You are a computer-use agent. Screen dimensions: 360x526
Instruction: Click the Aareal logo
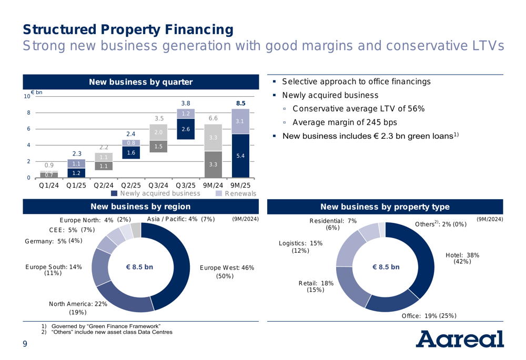pos(461,339)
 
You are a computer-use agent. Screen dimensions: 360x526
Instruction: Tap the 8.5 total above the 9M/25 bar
pos(240,104)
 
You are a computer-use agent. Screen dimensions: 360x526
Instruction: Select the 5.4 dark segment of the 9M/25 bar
pos(240,156)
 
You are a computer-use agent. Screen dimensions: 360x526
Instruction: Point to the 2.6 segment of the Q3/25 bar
pos(186,129)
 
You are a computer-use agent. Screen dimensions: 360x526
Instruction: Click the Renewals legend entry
pos(236,193)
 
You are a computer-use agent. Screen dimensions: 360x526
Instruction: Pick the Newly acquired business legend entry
pos(156,193)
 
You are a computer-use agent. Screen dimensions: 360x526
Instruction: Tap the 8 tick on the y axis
pos(28,112)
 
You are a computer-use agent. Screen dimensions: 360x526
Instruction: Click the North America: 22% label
pos(78,304)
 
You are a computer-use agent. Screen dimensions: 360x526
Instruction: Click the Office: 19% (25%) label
pos(429,315)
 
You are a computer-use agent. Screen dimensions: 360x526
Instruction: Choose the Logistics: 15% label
pos(301,243)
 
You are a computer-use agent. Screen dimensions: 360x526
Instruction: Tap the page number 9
pos(24,344)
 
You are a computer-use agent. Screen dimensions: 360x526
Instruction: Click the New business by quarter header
pos(140,81)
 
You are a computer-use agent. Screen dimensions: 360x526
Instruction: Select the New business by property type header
pos(385,207)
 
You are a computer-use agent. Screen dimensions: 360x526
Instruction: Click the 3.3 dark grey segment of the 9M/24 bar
pos(213,164)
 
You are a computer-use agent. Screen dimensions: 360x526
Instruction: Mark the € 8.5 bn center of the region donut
pos(139,267)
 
